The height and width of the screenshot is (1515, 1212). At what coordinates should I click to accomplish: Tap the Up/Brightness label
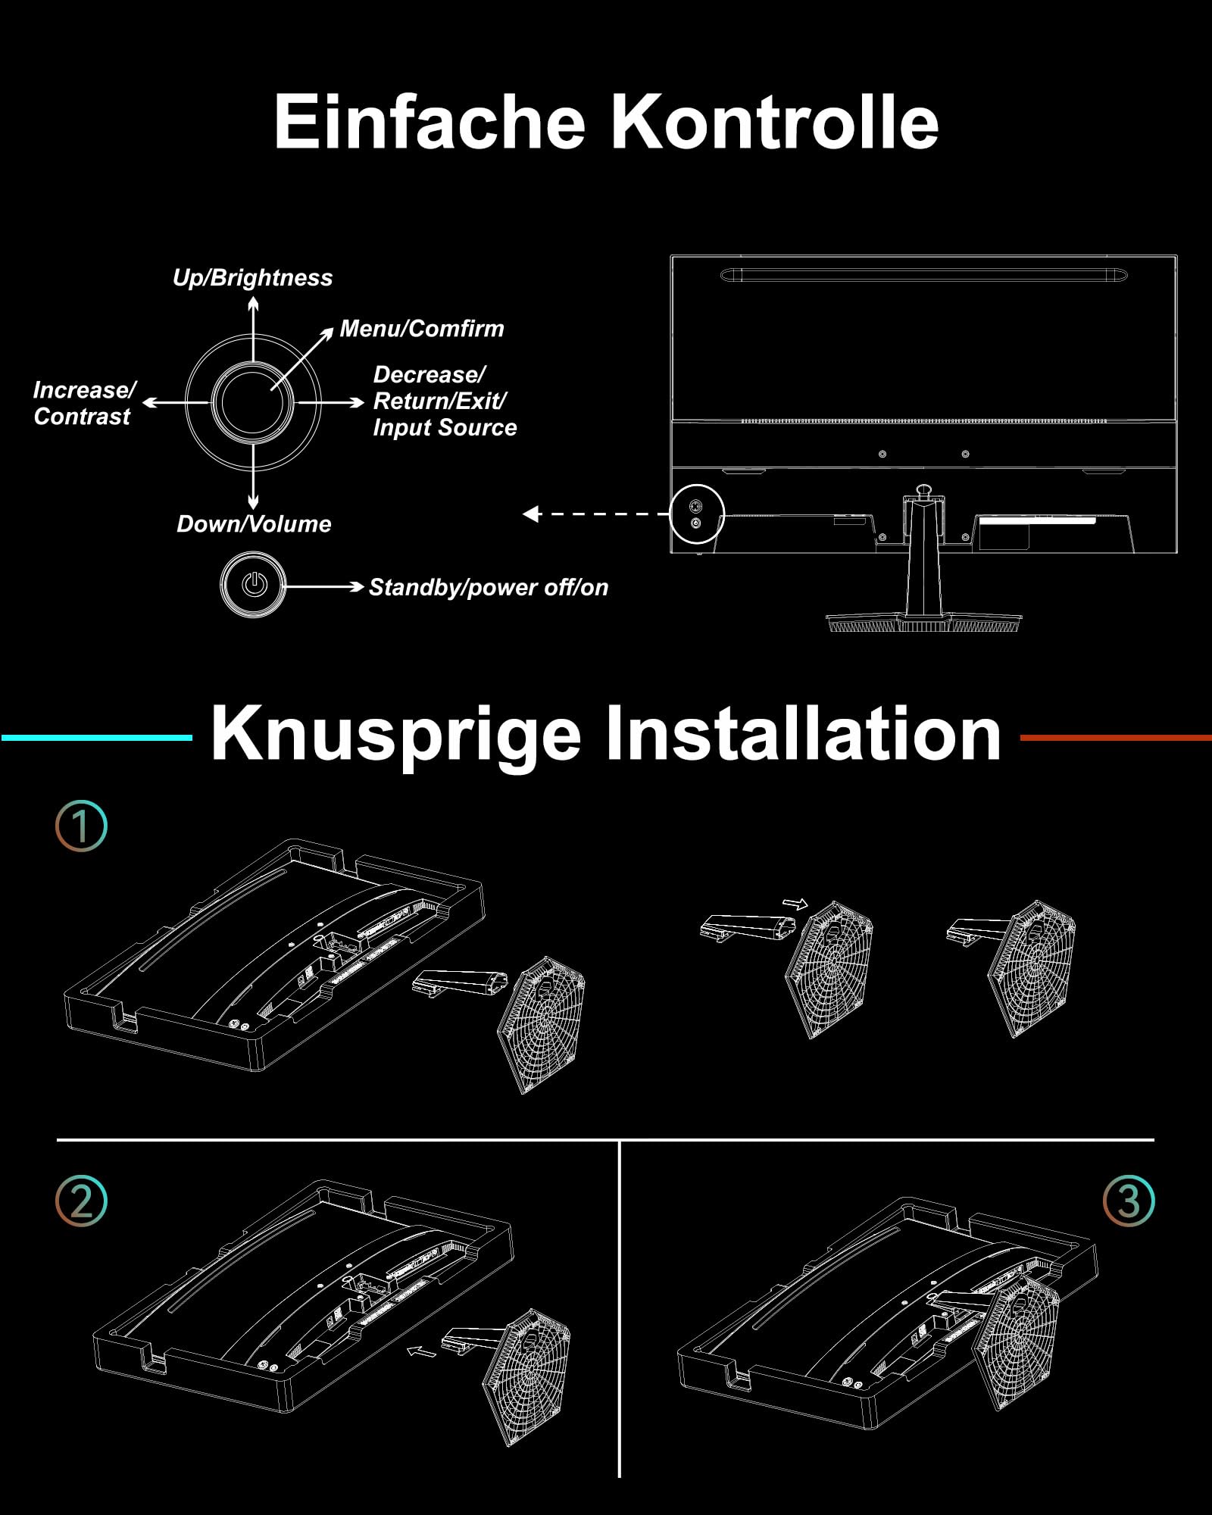click(x=252, y=278)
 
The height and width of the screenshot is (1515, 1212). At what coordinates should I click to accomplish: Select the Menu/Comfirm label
click(x=422, y=329)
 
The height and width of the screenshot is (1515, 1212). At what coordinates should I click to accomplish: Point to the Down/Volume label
click(x=254, y=524)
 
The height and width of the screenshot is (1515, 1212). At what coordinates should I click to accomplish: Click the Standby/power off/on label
click(x=488, y=588)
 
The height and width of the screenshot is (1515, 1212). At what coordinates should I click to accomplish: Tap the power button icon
click(x=254, y=585)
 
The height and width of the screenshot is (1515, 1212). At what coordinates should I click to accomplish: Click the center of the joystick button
click(x=252, y=403)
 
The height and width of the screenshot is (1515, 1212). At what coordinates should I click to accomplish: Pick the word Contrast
click(x=82, y=417)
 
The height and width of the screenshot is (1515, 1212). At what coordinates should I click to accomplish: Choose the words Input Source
click(x=445, y=428)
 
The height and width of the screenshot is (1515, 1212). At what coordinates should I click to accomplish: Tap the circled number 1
click(x=82, y=826)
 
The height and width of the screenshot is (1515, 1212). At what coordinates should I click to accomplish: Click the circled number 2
click(x=82, y=1201)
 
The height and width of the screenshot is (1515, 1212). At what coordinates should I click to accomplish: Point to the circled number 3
click(x=1129, y=1201)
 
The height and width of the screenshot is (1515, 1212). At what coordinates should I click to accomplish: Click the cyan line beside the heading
click(x=97, y=737)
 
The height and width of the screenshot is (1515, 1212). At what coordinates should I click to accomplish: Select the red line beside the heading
click(x=1115, y=737)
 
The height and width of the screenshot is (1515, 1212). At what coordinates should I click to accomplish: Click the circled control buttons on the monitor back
click(x=697, y=514)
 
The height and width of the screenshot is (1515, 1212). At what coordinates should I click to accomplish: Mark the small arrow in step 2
click(x=422, y=1352)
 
